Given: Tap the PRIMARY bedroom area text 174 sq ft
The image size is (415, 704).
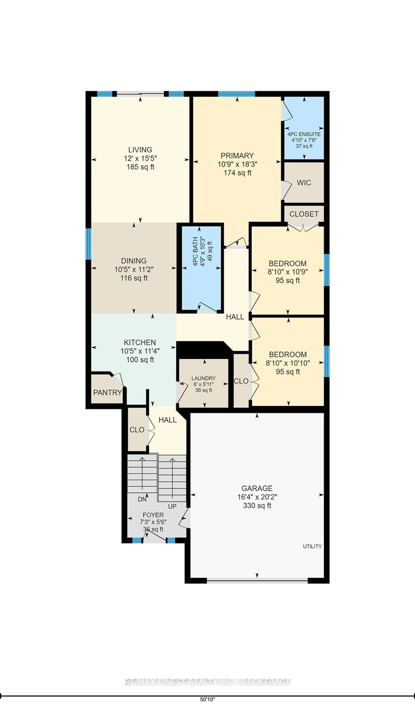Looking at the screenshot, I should point(237,173).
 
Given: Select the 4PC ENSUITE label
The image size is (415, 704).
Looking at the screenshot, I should point(304,134).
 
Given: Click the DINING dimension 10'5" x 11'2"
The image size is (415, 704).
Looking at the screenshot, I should point(134,270).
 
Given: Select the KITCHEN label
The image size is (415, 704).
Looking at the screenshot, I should point(140,343).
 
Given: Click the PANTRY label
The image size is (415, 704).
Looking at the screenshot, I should point(107,393).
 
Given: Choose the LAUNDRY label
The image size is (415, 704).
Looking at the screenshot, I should point(204,378).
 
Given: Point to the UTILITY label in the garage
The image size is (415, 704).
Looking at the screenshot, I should point(312,546).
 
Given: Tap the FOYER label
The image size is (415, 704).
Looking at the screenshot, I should point(153,515).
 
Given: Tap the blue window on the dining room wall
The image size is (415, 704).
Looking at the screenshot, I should point(88,244).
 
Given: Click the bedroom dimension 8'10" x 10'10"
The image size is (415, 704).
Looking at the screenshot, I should point(288,363).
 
